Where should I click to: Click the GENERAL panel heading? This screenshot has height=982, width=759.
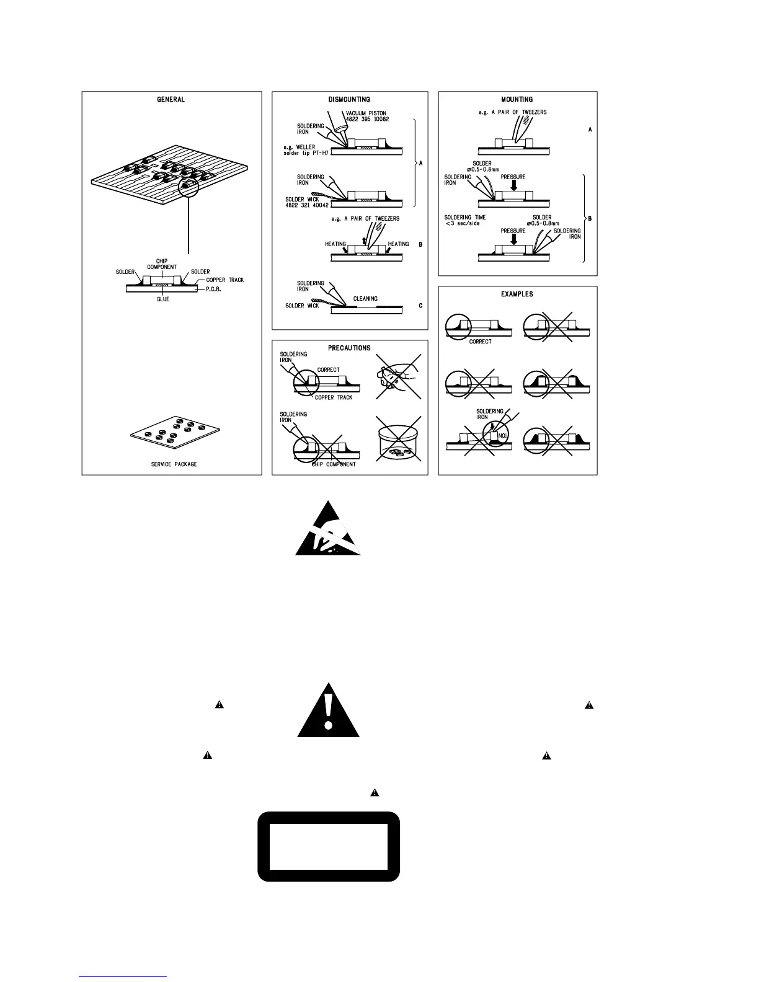click(x=171, y=99)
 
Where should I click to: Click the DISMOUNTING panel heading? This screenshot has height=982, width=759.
click(x=349, y=99)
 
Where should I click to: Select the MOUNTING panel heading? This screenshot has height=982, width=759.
click(x=517, y=99)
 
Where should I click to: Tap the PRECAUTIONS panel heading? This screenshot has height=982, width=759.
click(x=349, y=348)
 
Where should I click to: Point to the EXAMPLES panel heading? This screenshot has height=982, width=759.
click(x=517, y=294)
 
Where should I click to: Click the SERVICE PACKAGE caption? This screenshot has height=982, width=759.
click(x=174, y=464)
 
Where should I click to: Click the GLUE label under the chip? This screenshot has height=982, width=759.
click(x=162, y=299)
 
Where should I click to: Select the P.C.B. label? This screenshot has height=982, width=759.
click(x=214, y=289)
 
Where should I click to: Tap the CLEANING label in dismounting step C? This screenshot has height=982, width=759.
click(x=365, y=298)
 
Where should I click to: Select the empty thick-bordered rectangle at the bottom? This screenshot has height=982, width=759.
click(x=328, y=846)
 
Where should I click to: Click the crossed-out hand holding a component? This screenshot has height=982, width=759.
click(x=397, y=378)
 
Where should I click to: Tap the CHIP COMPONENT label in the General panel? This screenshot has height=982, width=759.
click(x=162, y=264)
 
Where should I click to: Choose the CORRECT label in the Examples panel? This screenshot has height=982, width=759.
click(x=480, y=342)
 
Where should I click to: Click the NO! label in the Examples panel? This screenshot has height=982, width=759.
click(x=504, y=435)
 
